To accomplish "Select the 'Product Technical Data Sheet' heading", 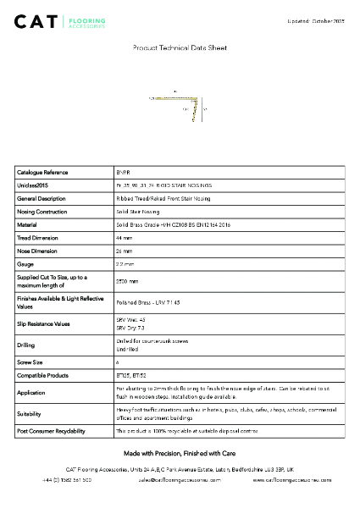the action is pyautogui.click(x=180, y=49).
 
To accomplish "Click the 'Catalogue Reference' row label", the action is pyautogui.click(x=42, y=172).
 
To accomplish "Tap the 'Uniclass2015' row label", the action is pyautogui.click(x=35, y=185).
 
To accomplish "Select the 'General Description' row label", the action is pyautogui.click(x=42, y=198).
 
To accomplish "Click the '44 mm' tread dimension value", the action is pyautogui.click(x=123, y=239).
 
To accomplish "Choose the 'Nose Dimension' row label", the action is pyautogui.click(x=40, y=251).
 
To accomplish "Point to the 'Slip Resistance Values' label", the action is pyautogui.click(x=46, y=323).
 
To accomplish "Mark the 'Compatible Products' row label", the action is pyautogui.click(x=42, y=373).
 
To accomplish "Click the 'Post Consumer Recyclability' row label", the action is pyautogui.click(x=53, y=431).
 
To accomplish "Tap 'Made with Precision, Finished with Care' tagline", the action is pyautogui.click(x=180, y=454).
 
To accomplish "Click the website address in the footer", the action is pyautogui.click(x=292, y=479).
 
